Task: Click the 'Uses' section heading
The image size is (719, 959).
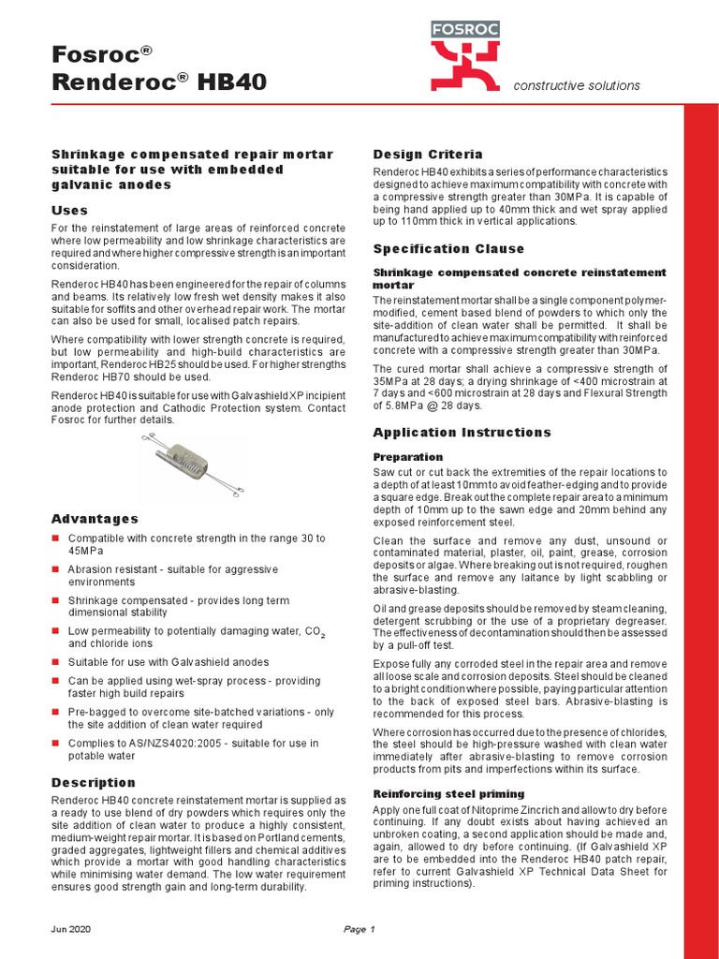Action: coord(69,210)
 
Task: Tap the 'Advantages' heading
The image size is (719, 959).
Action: coord(95,518)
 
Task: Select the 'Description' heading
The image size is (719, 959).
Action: coord(93,782)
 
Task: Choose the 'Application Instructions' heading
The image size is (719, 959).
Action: coord(462,432)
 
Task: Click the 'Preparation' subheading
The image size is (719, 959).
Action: coord(407,456)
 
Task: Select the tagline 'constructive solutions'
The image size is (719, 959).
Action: coord(576,85)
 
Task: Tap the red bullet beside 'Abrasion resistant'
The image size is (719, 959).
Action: coord(55,569)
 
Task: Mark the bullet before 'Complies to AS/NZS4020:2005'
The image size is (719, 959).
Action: coord(55,743)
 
